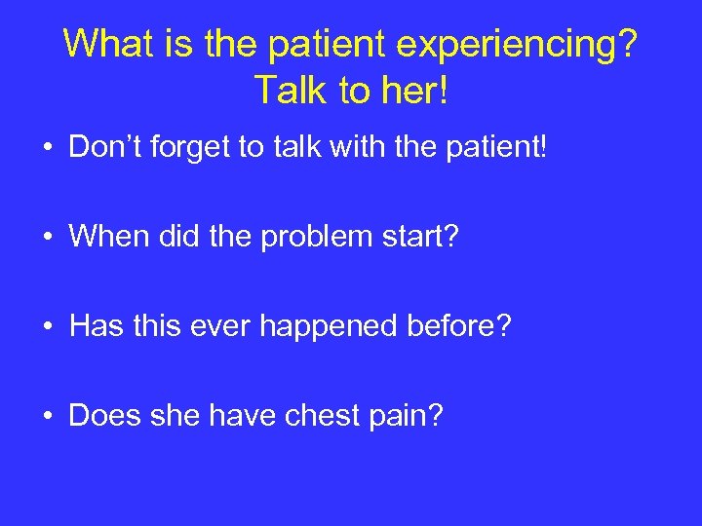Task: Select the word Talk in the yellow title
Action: tap(289, 90)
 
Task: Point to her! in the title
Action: tap(415, 90)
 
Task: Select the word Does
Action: tap(102, 416)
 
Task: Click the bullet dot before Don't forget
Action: tap(47, 149)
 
